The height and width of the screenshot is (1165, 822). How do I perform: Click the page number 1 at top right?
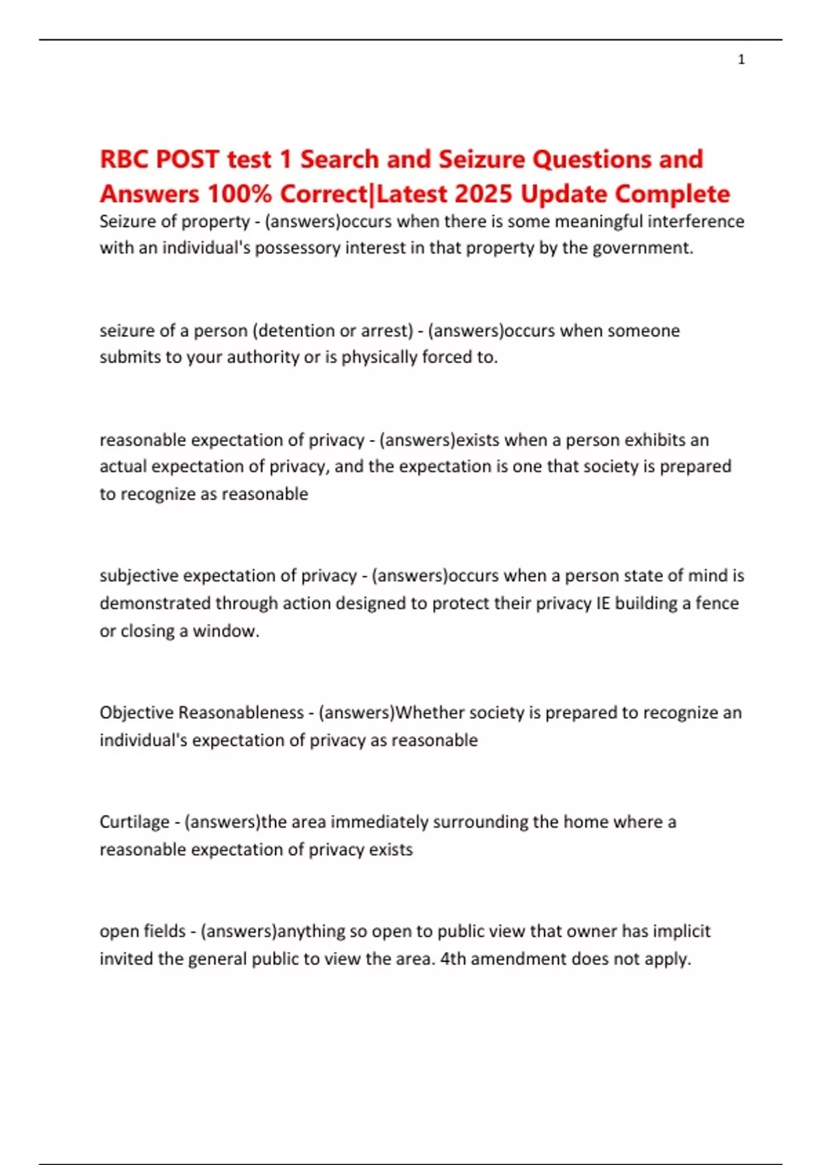pos(741,60)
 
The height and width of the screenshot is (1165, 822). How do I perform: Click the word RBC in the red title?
pos(124,159)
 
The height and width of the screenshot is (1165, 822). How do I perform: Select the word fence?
pos(717,603)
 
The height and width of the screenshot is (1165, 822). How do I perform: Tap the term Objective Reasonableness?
pos(201,713)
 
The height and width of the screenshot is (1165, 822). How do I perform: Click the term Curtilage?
pos(134,822)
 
